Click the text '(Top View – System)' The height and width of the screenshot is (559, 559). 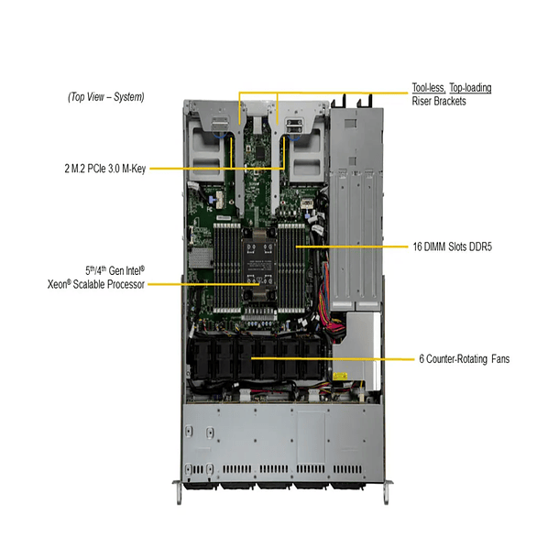click(105, 96)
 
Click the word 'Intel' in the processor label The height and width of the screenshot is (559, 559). click(128, 272)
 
